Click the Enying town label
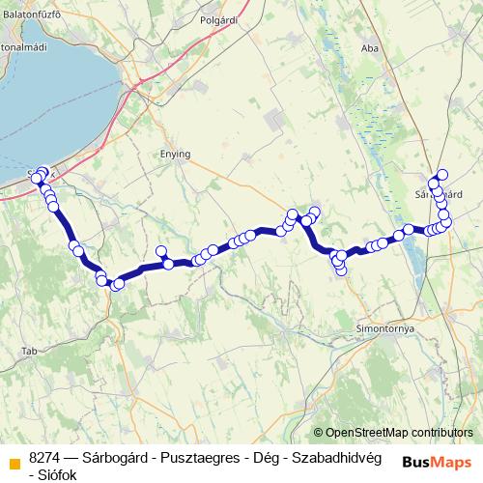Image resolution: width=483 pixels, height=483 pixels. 175,154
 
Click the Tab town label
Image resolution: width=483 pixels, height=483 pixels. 31,350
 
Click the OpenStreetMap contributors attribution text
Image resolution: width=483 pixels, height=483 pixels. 399,433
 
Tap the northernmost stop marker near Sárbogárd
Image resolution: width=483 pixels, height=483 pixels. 442,174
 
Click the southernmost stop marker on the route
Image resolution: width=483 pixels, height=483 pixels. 341,270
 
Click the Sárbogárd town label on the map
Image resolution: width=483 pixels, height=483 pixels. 440,194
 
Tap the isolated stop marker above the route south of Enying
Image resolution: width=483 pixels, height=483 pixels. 161,251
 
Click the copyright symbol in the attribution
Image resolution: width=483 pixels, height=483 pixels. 319,433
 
